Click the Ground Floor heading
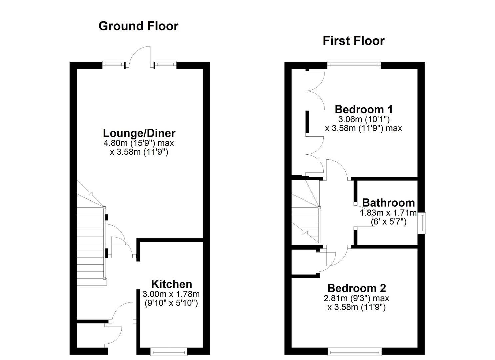tap(138, 26)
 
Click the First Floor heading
tap(354, 41)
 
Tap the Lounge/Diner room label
tap(139, 133)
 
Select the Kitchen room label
tap(171, 284)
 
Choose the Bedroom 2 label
tap(357, 288)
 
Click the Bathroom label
tap(388, 203)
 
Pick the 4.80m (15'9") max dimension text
tap(139, 143)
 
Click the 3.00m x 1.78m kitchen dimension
tap(171, 294)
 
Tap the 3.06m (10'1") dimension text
tap(364, 119)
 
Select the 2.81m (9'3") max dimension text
tap(356, 298)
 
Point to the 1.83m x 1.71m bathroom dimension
tap(388, 213)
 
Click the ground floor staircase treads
tap(90, 246)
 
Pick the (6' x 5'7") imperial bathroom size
tap(388, 221)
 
